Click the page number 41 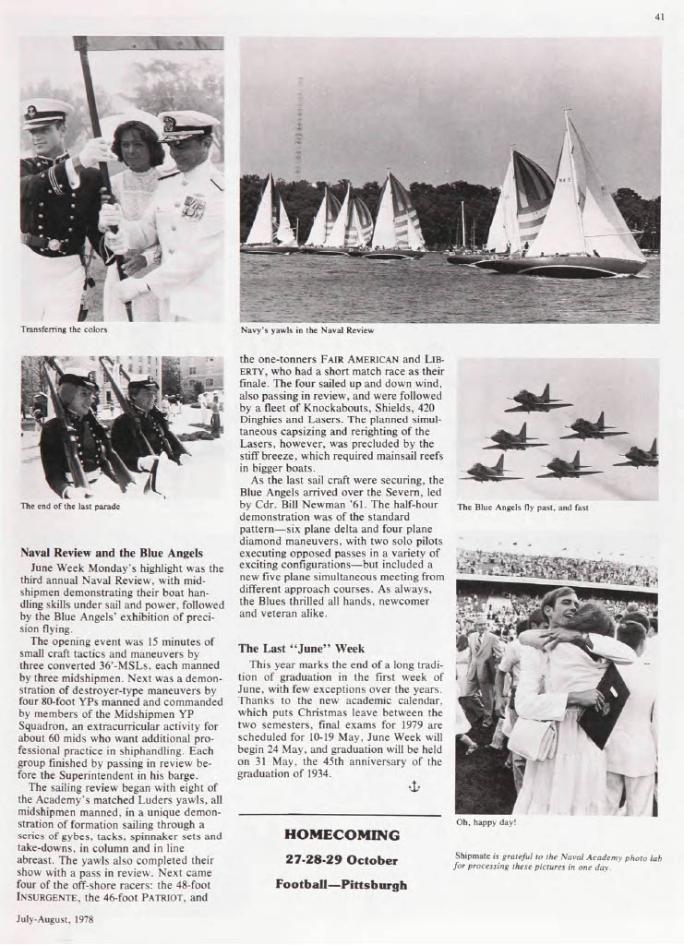659,16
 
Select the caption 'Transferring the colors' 64,329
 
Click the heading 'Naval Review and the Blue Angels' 112,553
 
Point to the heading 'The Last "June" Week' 301,648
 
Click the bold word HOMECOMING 342,835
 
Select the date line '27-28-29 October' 342,860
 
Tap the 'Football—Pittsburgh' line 342,884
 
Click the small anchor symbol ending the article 414,786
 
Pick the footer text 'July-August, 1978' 54,919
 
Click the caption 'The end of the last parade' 70,506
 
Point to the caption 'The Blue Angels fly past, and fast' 522,507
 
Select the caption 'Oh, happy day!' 486,821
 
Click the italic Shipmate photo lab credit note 558,861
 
